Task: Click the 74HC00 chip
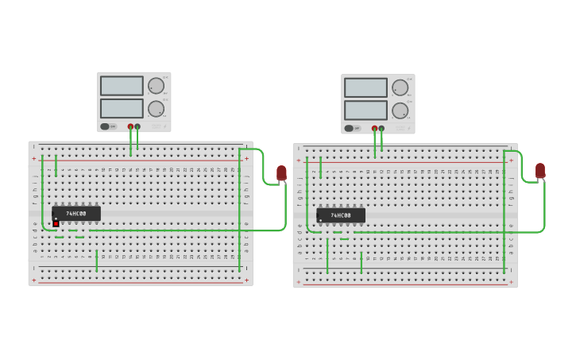tap(76, 214)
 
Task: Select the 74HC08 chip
tap(341, 215)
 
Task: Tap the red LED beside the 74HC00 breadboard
tap(281, 172)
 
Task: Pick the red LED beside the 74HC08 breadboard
tap(540, 170)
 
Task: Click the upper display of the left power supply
tap(122, 86)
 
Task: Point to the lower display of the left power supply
tap(122, 108)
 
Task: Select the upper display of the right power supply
tap(365, 87)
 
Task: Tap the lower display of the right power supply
tap(365, 110)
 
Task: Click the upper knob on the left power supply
tap(157, 86)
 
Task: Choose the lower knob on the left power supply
tap(157, 109)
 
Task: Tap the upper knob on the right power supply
tap(400, 87)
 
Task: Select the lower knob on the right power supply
tap(400, 110)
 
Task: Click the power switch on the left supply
tap(106, 126)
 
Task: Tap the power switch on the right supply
tap(350, 128)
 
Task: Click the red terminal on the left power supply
tap(131, 126)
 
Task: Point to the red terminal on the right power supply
tap(375, 128)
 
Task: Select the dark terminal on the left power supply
tap(137, 126)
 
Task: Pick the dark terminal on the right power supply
tap(381, 128)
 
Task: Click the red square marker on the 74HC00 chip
tap(56, 223)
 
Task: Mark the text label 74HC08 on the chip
tap(341, 215)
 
